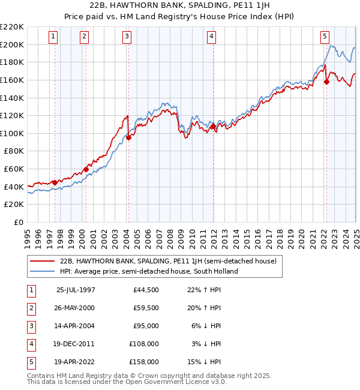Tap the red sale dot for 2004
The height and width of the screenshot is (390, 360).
tap(128, 137)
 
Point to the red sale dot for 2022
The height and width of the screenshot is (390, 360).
tap(327, 82)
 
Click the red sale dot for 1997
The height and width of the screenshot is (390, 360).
tap(55, 182)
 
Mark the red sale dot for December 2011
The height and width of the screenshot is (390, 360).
tap(213, 127)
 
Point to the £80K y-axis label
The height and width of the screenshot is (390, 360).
tap(14, 151)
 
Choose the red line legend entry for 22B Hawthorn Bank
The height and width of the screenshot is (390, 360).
tap(168, 261)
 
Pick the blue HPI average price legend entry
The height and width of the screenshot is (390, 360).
tap(149, 271)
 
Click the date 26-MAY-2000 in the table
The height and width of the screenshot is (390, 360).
tap(75, 308)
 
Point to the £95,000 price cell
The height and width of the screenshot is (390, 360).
tap(146, 326)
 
